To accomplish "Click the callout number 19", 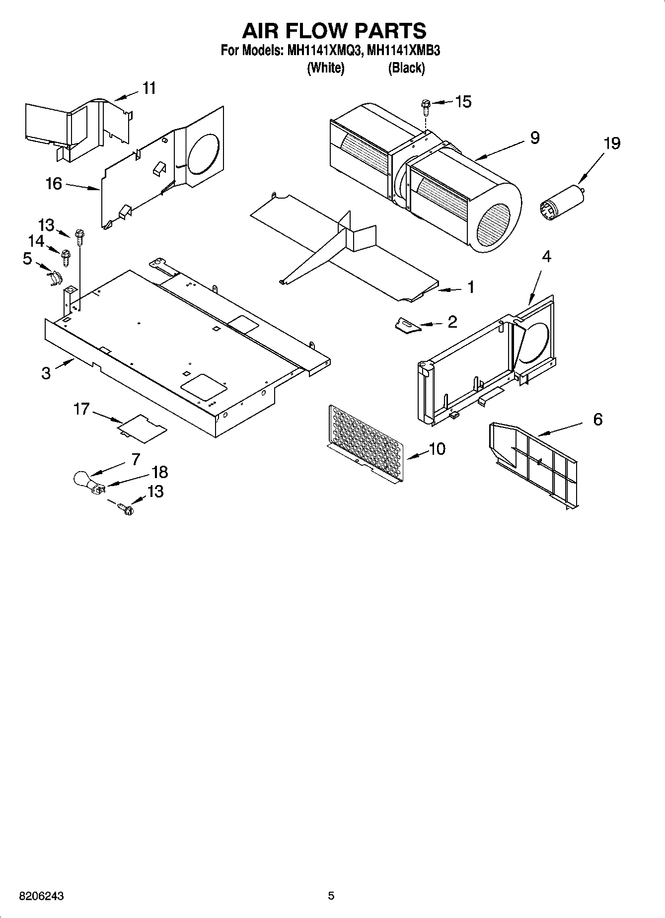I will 612,143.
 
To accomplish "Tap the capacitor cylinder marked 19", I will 561,201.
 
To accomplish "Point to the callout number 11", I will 149,88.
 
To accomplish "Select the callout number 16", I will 54,184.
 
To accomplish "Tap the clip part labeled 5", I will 56,277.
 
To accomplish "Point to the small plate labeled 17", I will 142,427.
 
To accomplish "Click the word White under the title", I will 326,68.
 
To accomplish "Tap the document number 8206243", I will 42,896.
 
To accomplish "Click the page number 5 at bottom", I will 331,896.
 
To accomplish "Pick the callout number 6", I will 597,420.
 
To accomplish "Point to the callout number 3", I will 46,373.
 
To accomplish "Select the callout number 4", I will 546,257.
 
